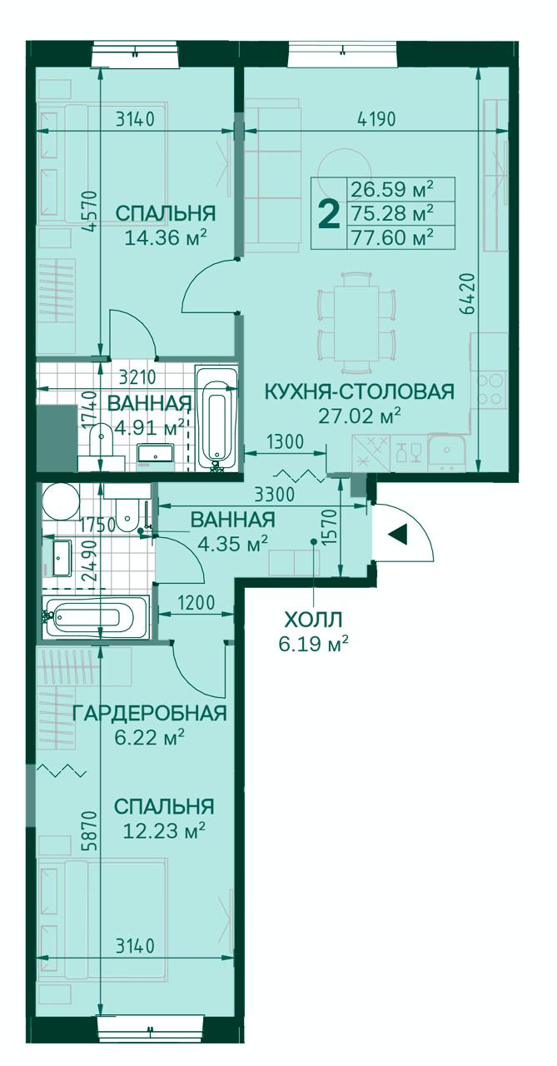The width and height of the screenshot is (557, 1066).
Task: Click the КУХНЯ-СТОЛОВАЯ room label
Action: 359,391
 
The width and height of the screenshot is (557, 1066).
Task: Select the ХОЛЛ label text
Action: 313,620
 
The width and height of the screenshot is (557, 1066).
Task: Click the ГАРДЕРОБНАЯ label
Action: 149,714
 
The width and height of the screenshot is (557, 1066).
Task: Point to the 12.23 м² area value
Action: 164,831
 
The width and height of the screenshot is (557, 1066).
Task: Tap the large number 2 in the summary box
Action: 330,214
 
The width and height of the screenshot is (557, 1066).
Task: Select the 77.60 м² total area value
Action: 392,237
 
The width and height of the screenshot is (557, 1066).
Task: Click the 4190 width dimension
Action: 376,119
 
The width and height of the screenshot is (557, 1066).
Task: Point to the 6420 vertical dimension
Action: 468,293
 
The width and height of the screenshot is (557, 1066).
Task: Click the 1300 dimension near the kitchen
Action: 285,441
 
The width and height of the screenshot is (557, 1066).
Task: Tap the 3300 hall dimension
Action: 275,495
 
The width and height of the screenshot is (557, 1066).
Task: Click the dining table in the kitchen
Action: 356,322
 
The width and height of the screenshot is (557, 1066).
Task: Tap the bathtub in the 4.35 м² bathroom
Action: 96,617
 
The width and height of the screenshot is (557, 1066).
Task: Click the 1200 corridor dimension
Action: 196,604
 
